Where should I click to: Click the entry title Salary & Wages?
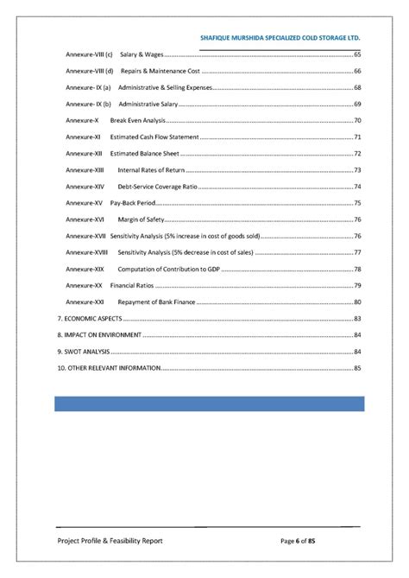point(143,54)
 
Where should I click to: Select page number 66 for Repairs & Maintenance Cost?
point(357,71)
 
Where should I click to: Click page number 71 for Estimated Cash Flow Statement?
point(357,137)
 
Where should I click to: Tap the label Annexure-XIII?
point(85,169)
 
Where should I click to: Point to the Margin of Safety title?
point(141,219)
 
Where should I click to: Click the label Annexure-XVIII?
point(86,251)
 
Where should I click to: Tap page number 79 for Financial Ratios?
point(357,284)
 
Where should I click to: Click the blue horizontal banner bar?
point(210,403)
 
